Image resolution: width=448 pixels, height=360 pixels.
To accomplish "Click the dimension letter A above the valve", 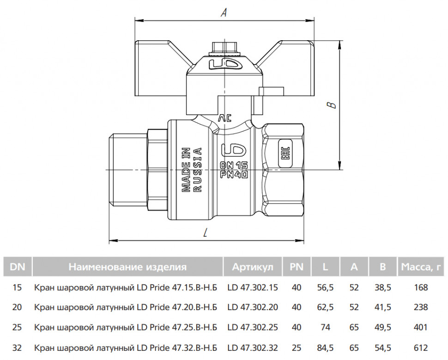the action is pyautogui.click(x=224, y=12).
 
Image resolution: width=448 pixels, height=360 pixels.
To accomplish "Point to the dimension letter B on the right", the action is pyautogui.click(x=332, y=105).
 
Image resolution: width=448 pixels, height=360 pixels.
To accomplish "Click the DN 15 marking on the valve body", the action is pyautogui.click(x=234, y=165).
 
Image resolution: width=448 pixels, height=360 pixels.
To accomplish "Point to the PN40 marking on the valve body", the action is pyautogui.click(x=234, y=174).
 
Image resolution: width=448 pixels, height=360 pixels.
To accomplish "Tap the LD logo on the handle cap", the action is pyautogui.click(x=226, y=64).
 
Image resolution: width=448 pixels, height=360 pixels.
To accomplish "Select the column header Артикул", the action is pyautogui.click(x=253, y=267).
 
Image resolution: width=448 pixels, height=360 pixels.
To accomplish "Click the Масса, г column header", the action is pyautogui.click(x=421, y=267).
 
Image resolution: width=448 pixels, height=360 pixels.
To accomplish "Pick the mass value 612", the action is pyautogui.click(x=421, y=348).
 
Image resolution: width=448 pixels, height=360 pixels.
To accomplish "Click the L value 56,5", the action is pyautogui.click(x=326, y=287).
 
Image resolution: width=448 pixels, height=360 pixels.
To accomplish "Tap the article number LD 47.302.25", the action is pyautogui.click(x=253, y=327).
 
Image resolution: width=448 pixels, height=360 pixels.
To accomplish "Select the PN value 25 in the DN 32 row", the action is pyautogui.click(x=297, y=348).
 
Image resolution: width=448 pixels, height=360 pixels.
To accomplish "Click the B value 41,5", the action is pyautogui.click(x=383, y=307).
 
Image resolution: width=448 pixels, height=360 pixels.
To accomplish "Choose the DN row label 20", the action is pyautogui.click(x=17, y=307).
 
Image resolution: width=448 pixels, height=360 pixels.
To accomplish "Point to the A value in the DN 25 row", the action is pyautogui.click(x=354, y=327).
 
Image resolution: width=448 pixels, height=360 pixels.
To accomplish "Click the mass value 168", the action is pyautogui.click(x=421, y=287).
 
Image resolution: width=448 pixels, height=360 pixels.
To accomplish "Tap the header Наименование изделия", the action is pyautogui.click(x=127, y=267).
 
